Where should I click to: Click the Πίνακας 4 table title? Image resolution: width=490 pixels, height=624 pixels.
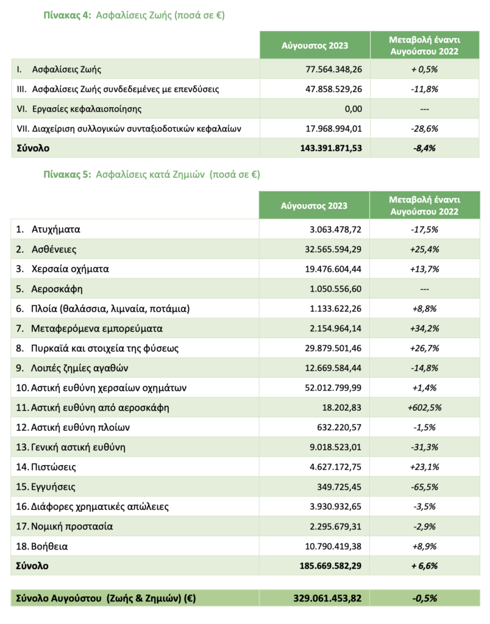pos(133,16)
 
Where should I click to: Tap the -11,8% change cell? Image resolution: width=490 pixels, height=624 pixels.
pos(425,89)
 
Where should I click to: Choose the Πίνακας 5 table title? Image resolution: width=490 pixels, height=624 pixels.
pos(151,174)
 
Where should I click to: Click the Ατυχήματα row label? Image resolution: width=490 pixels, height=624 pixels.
pos(56,230)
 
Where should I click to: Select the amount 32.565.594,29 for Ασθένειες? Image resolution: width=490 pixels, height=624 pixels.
pos(328,249)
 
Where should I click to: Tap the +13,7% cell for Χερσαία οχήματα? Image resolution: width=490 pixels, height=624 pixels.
pos(425,269)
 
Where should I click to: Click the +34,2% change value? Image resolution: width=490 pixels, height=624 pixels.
pos(425,328)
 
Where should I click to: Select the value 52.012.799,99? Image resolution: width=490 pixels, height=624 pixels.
pos(328,388)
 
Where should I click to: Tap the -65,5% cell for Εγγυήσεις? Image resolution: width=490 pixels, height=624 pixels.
pos(425,487)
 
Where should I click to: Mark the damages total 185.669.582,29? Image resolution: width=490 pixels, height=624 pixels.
pos(326,566)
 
